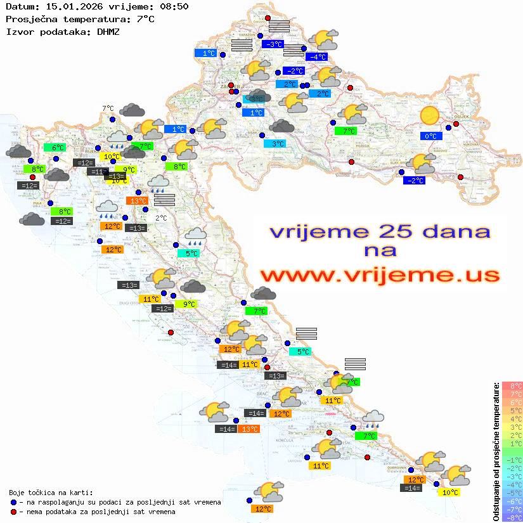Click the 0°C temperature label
(x=431, y=136)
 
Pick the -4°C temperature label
(x=316, y=56)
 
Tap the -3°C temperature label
(x=273, y=44)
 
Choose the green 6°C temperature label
(x=55, y=147)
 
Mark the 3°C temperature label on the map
(x=278, y=144)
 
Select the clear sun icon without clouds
(x=430, y=115)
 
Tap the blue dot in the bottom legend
(x=13, y=502)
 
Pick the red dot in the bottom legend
(x=13, y=512)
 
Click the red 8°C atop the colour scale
(x=512, y=385)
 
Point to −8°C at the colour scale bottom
(x=512, y=517)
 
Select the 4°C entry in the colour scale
(x=512, y=418)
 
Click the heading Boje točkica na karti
(x=51, y=493)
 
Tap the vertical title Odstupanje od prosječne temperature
(x=496, y=451)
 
